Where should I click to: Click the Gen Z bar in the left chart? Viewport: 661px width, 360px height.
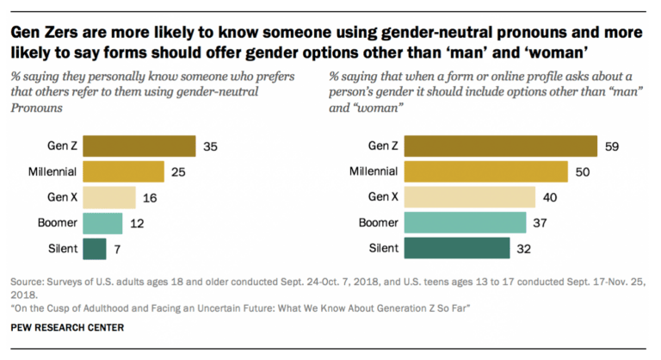(x=140, y=146)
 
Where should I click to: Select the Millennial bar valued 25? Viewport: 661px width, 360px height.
(x=124, y=171)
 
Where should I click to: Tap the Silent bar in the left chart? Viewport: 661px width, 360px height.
(x=95, y=249)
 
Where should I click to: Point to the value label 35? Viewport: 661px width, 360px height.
(x=210, y=146)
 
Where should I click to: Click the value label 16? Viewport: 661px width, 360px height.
(x=149, y=198)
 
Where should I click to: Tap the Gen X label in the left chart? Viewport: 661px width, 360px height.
(x=60, y=198)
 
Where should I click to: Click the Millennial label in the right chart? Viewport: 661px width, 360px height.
(x=373, y=172)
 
